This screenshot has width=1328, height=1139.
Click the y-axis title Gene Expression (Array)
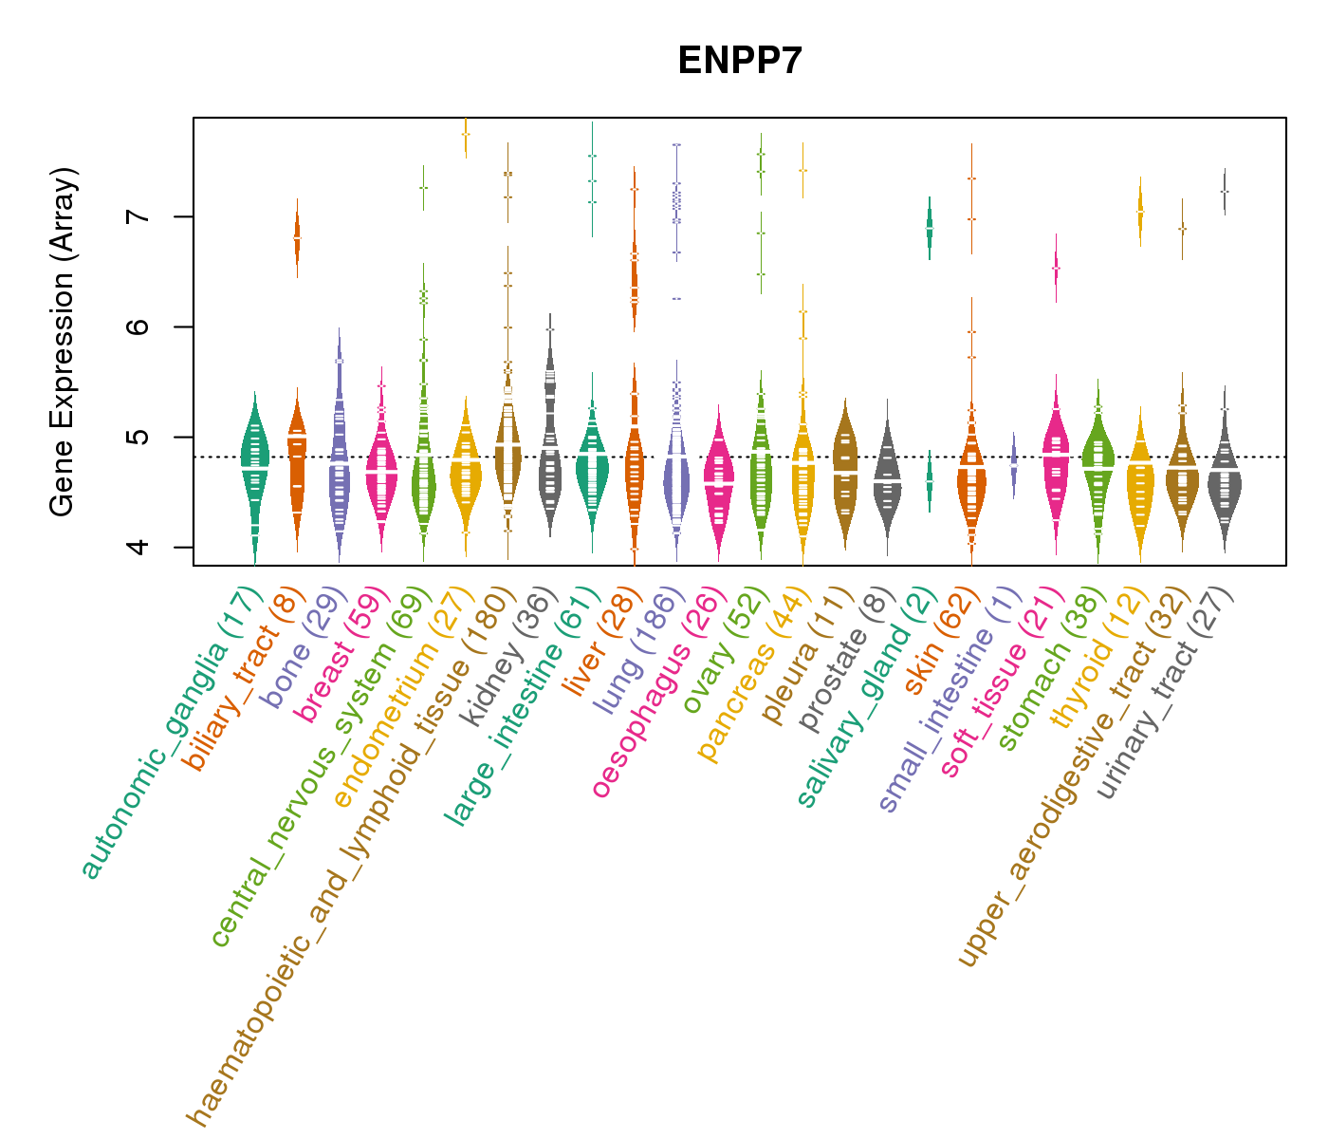coord(63,342)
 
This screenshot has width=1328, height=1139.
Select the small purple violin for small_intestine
coord(1013,463)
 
